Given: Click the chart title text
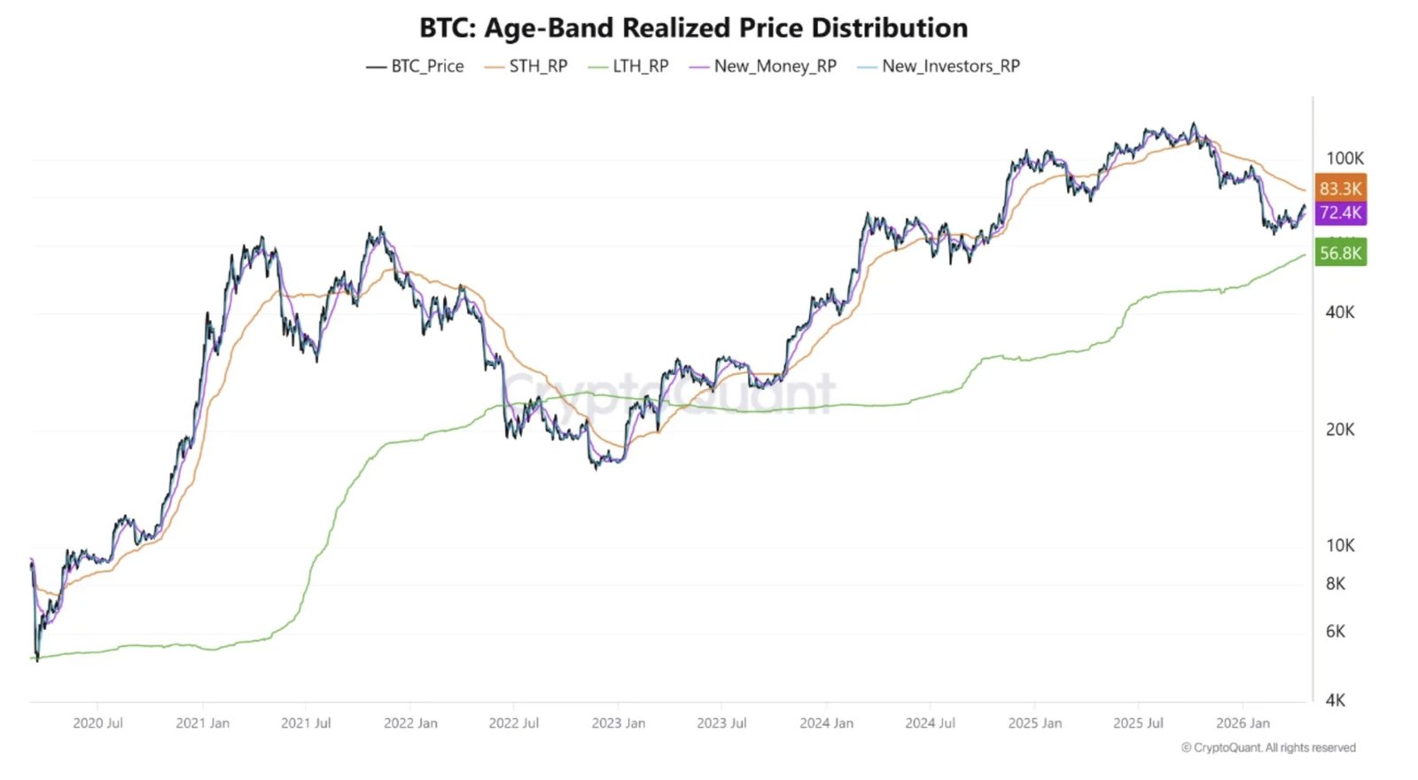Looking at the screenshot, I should click(x=693, y=27).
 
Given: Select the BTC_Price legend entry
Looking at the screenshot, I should click(x=416, y=66).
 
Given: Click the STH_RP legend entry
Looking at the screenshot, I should click(x=526, y=66).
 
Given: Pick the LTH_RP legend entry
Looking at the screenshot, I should click(x=629, y=66).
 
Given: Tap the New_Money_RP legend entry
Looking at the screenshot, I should click(x=763, y=66).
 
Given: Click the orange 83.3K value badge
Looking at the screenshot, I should click(x=1340, y=188).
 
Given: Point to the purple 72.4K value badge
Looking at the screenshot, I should click(x=1340, y=213).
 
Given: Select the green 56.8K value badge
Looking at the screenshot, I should click(x=1340, y=253).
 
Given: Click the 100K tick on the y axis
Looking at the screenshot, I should click(x=1344, y=159).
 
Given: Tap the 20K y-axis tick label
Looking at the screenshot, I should click(x=1340, y=429).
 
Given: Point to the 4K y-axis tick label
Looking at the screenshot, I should click(x=1336, y=700).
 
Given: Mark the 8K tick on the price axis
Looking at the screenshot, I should click(x=1336, y=583).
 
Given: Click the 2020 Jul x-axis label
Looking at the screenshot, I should click(x=97, y=723).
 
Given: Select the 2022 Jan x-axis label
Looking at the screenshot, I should click(x=410, y=723).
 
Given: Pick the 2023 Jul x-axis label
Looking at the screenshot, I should click(x=721, y=723).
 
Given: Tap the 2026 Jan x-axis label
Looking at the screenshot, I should click(x=1243, y=723).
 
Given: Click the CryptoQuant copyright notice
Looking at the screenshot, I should click(x=1268, y=748).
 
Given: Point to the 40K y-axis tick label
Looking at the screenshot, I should click(x=1340, y=312).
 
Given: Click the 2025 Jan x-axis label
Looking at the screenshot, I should click(x=1034, y=723).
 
